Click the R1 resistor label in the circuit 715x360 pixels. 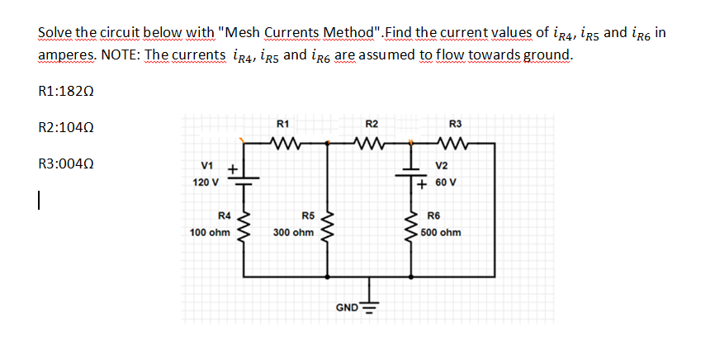[282, 124]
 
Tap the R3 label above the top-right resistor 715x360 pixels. [455, 124]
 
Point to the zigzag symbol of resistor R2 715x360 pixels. [371, 142]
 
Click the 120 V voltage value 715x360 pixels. [206, 182]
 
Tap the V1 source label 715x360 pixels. [209, 166]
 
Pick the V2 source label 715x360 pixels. [442, 164]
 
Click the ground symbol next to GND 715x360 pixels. [368, 307]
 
